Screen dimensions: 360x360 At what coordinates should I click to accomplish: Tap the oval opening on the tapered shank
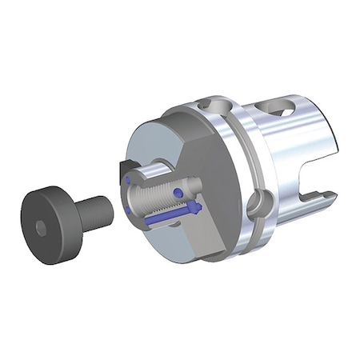pos(282,111)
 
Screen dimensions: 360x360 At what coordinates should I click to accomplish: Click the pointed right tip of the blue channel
pos(197,209)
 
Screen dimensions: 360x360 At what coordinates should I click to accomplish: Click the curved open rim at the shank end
pos(330,152)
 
